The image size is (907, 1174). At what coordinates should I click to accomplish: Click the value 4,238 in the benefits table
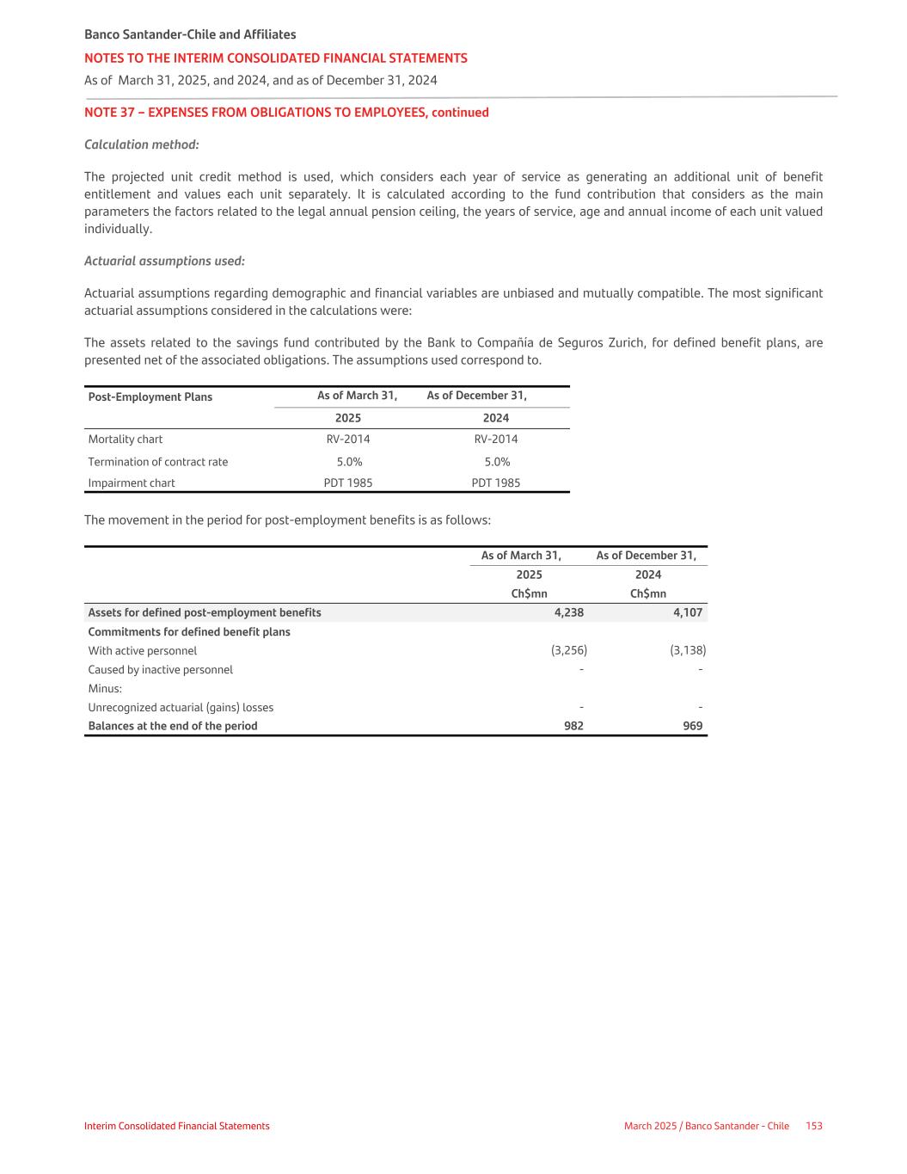click(568, 612)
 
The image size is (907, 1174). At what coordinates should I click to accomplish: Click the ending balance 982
click(573, 726)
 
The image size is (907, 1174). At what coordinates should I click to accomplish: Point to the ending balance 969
click(692, 726)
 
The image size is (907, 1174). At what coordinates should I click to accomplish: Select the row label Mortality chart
click(126, 439)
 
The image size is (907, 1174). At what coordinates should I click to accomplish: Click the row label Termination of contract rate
click(158, 462)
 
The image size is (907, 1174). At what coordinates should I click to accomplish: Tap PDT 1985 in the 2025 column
click(348, 483)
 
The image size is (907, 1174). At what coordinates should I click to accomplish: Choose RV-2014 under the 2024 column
click(496, 439)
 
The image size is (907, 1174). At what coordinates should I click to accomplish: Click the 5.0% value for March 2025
click(349, 462)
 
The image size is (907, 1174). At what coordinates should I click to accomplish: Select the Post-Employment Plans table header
click(150, 396)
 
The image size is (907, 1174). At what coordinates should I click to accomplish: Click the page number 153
click(814, 1126)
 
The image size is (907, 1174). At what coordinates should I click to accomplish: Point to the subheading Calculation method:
click(142, 144)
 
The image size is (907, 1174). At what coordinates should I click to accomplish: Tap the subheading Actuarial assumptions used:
click(164, 261)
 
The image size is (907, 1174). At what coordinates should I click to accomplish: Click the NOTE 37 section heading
click(286, 113)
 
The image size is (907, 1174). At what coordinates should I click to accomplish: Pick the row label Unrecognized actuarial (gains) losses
click(181, 707)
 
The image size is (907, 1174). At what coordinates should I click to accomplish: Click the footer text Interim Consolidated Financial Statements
click(177, 1126)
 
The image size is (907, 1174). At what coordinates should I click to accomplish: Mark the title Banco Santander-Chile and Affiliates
click(190, 34)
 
